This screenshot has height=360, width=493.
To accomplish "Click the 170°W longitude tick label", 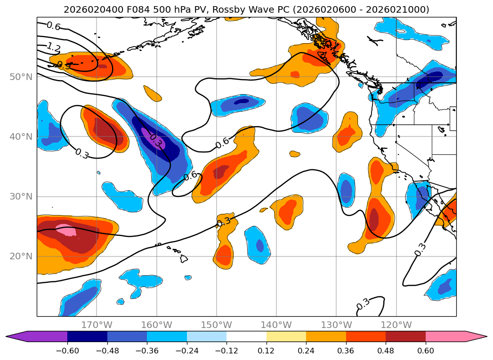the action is [x=97, y=325].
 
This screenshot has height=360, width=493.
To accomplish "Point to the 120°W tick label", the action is [x=396, y=325].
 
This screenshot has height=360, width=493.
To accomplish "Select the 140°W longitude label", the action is [x=276, y=325].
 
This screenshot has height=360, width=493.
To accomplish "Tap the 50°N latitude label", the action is [x=21, y=77].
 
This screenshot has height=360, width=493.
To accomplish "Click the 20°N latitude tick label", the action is [x=21, y=256].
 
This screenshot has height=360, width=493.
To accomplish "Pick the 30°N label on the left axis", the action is [x=21, y=197].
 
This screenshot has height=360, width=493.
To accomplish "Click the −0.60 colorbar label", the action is [x=67, y=351].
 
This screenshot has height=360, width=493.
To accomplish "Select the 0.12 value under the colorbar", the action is [x=267, y=351].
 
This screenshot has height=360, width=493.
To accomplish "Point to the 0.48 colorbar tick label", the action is [x=386, y=351].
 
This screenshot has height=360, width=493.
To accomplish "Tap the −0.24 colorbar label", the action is [x=187, y=351].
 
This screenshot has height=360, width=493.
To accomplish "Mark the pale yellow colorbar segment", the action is [x=286, y=336].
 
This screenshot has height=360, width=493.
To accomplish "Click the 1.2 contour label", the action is [x=54, y=48].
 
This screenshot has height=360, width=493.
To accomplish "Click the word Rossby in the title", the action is [x=229, y=10].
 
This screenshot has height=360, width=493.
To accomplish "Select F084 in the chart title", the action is [x=138, y=10].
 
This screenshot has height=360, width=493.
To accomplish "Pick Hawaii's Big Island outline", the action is [x=184, y=259].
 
